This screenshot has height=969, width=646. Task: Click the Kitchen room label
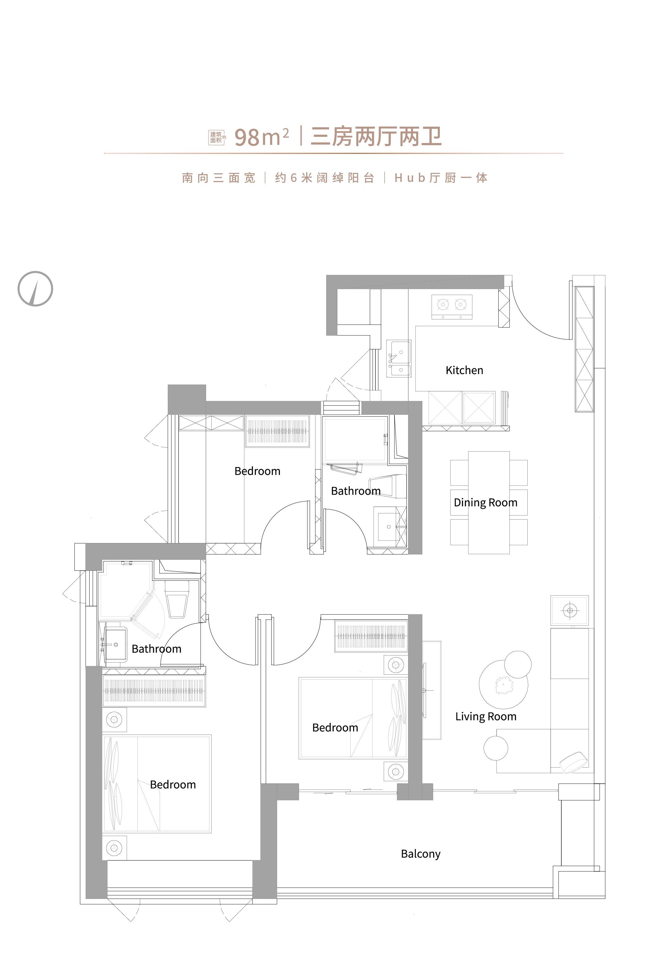(464, 370)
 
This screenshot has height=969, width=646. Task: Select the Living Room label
(486, 717)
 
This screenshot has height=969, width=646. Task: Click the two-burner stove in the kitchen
(452, 307)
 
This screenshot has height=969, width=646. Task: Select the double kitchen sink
(399, 359)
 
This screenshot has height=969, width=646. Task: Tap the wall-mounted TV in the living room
(424, 690)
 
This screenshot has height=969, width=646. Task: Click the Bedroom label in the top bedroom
(257, 471)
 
